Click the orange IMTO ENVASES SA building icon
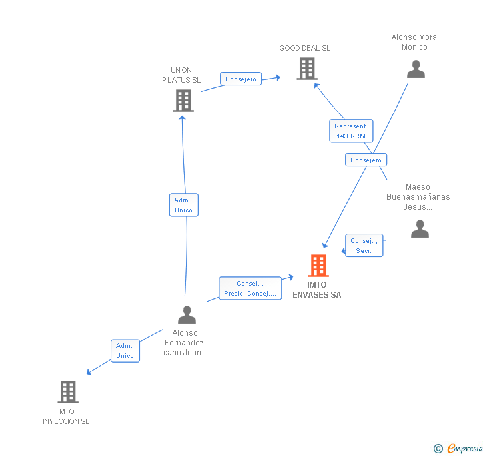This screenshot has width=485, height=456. click(318, 265)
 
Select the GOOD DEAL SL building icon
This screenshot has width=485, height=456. click(307, 69)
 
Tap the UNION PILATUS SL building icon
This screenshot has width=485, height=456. click(183, 101)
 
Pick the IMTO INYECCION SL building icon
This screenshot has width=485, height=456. click(68, 392)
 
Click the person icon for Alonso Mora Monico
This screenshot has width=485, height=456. click(416, 69)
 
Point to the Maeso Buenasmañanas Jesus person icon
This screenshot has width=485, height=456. click(420, 228)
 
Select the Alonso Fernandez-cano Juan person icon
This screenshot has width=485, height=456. click(187, 314)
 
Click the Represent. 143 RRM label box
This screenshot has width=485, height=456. click(351, 131)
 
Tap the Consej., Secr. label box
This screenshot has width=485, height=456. click(364, 246)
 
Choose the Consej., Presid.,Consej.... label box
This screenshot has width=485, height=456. click(250, 288)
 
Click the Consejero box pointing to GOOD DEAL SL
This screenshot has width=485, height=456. click(241, 79)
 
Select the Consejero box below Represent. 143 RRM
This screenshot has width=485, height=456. click(366, 160)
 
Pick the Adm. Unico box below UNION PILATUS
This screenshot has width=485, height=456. click(184, 205)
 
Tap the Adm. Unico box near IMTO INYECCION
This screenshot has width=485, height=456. click(125, 351)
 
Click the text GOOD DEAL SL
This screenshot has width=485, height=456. click(304, 48)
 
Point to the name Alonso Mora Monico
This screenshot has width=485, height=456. click(414, 42)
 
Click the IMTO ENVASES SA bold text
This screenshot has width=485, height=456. click(317, 290)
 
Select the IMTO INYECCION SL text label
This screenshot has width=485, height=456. click(66, 417)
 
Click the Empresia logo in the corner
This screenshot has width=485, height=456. click(458, 448)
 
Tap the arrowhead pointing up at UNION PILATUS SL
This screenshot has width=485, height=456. click(182, 118)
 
